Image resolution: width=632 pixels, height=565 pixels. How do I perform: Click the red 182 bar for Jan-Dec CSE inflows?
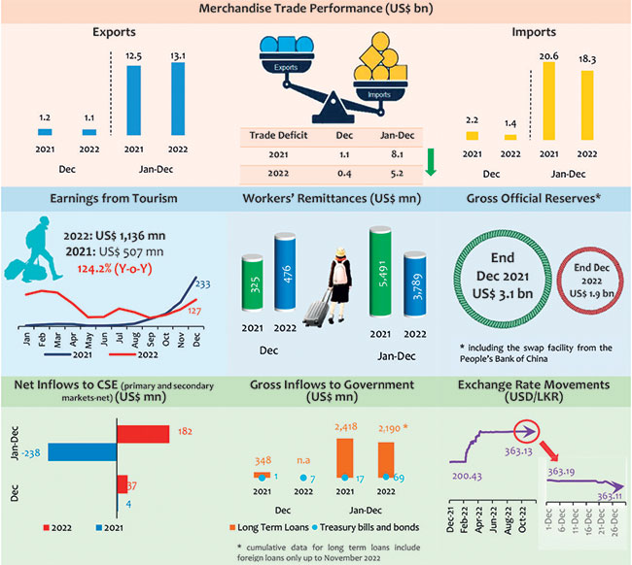pyautogui.click(x=142, y=432)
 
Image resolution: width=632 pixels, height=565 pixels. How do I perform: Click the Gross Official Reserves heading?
pyautogui.click(x=535, y=200)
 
